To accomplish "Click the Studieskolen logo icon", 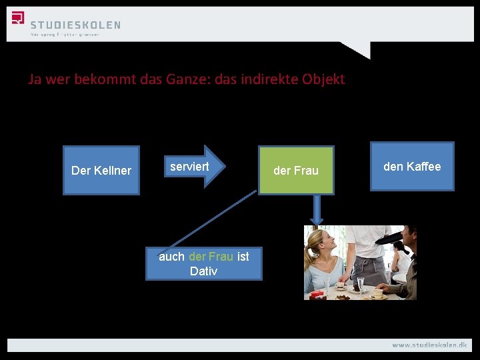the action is [18, 18].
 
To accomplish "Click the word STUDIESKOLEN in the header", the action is [75, 25].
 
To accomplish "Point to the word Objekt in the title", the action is [323, 79].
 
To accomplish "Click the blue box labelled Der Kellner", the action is [101, 171].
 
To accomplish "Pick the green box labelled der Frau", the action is [296, 171].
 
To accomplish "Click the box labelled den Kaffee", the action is [412, 167].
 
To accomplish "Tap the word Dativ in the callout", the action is [203, 271].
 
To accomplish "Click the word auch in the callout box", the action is [171, 257].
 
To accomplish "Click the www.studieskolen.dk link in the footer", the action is [429, 345].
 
